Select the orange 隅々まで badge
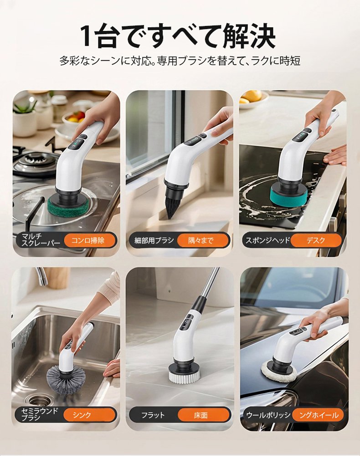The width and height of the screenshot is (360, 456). tap(201, 240)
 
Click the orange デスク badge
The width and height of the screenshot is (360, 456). tap(316, 240)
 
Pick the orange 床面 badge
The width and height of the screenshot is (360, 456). tap(201, 415)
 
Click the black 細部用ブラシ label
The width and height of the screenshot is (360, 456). tap(154, 240)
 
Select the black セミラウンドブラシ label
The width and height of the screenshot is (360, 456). tap(40, 415)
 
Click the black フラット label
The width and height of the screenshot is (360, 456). tap(153, 415)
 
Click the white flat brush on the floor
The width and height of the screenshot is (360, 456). tap(184, 375)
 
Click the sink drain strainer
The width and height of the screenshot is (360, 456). tap(39, 399)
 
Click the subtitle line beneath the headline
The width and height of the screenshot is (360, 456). tap(180, 61)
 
